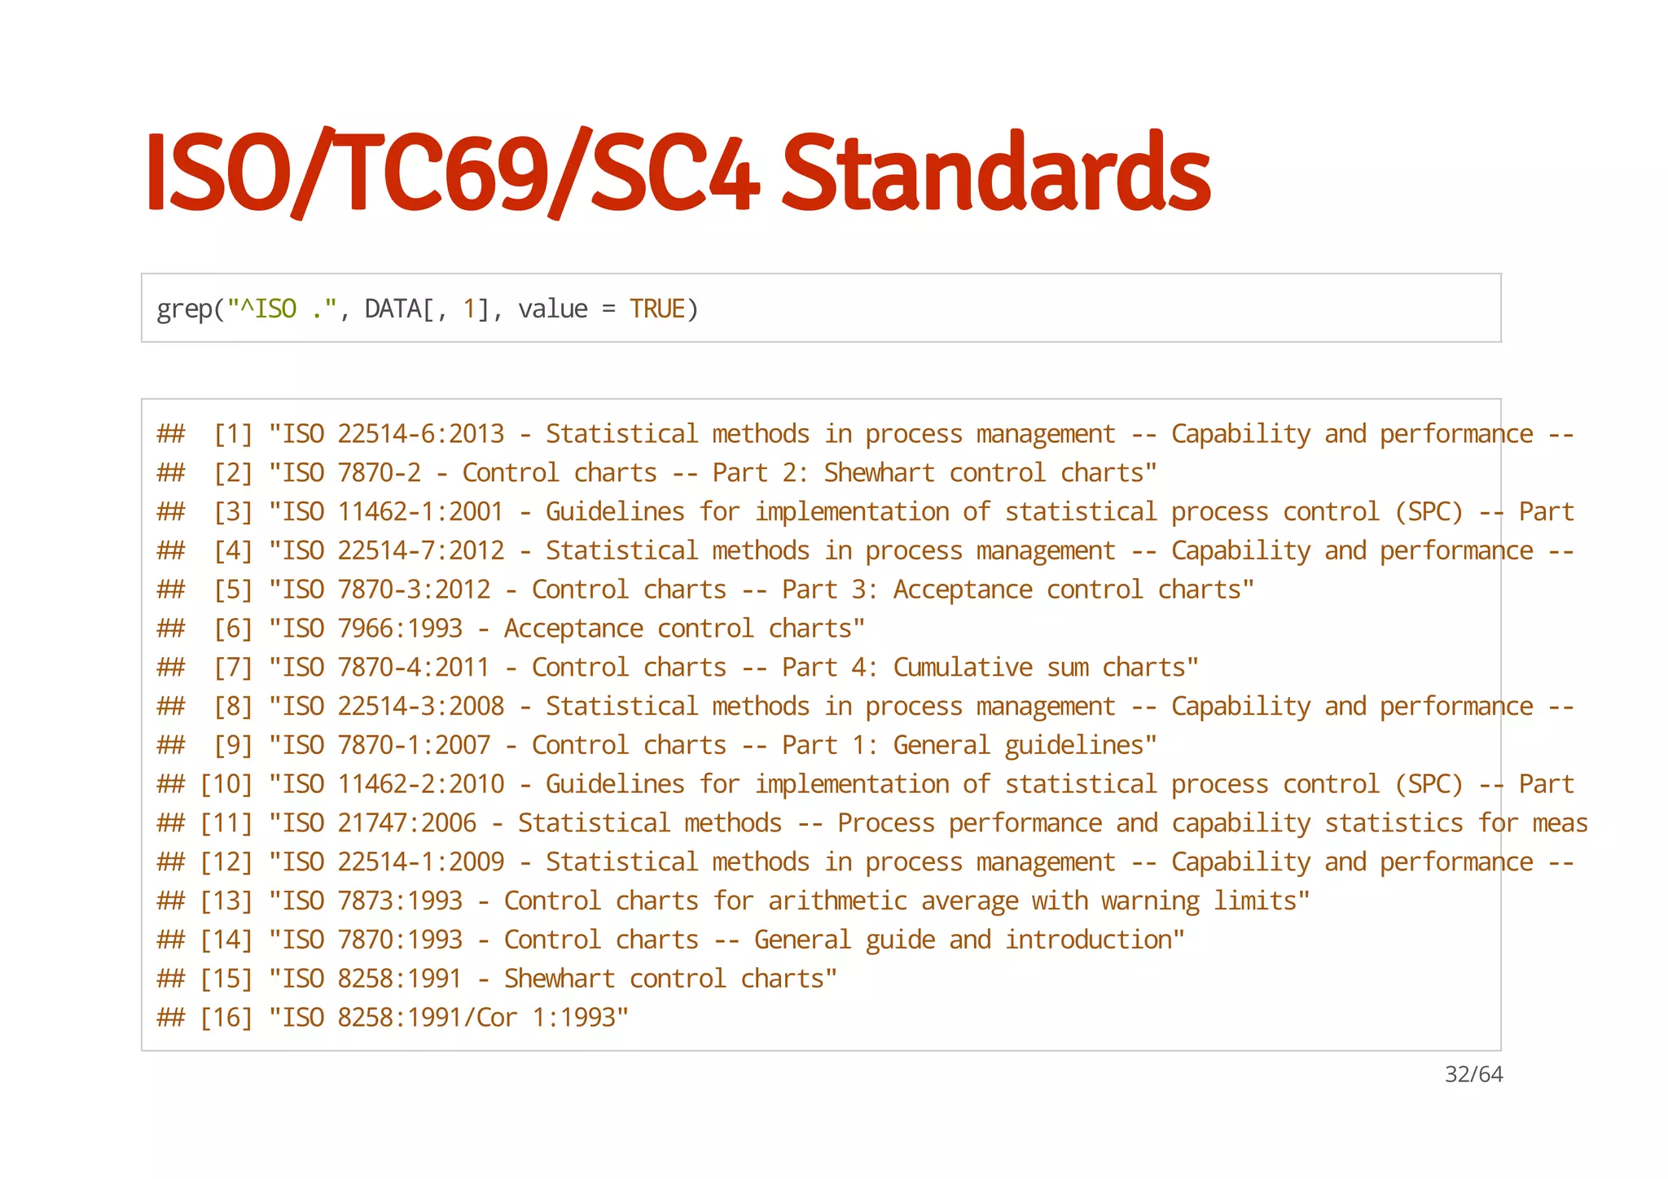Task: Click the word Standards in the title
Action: [x=995, y=173]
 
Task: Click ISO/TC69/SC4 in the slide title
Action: [x=452, y=173]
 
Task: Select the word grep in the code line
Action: [x=185, y=309]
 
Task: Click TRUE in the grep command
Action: [x=657, y=309]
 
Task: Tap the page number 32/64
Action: [x=1473, y=1075]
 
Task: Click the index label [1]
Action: [x=233, y=434]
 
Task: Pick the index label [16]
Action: [x=226, y=1018]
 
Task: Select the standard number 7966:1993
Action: [x=400, y=629]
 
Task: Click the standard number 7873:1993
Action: [x=400, y=901]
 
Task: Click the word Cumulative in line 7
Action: [x=963, y=668]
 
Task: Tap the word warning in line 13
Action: [x=1150, y=901]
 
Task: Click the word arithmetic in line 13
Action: [x=837, y=901]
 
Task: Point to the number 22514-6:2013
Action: [x=421, y=434]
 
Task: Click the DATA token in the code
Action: [x=393, y=309]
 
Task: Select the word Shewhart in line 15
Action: [x=560, y=979]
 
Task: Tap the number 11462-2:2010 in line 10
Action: [x=421, y=784]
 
